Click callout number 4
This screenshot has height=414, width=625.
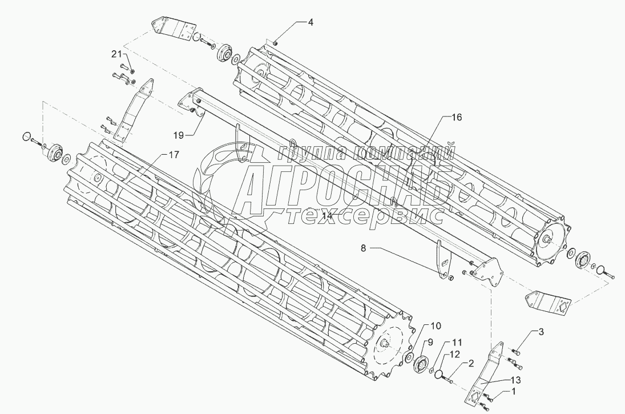pos(311,23)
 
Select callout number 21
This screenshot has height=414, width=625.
pos(116,54)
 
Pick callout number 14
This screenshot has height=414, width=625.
pos(326,216)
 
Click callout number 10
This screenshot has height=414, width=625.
pos(436,326)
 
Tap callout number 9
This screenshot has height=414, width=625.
pos(430,342)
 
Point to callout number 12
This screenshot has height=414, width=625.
pos(454,355)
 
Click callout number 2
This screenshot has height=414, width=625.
pos(471,363)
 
